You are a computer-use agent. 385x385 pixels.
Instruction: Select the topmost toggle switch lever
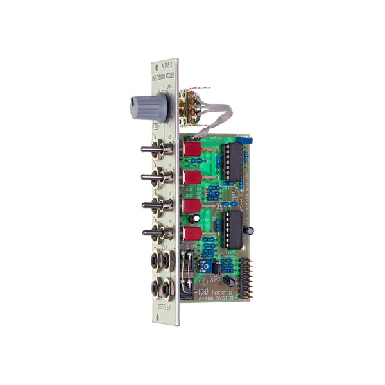(x=150, y=150)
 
